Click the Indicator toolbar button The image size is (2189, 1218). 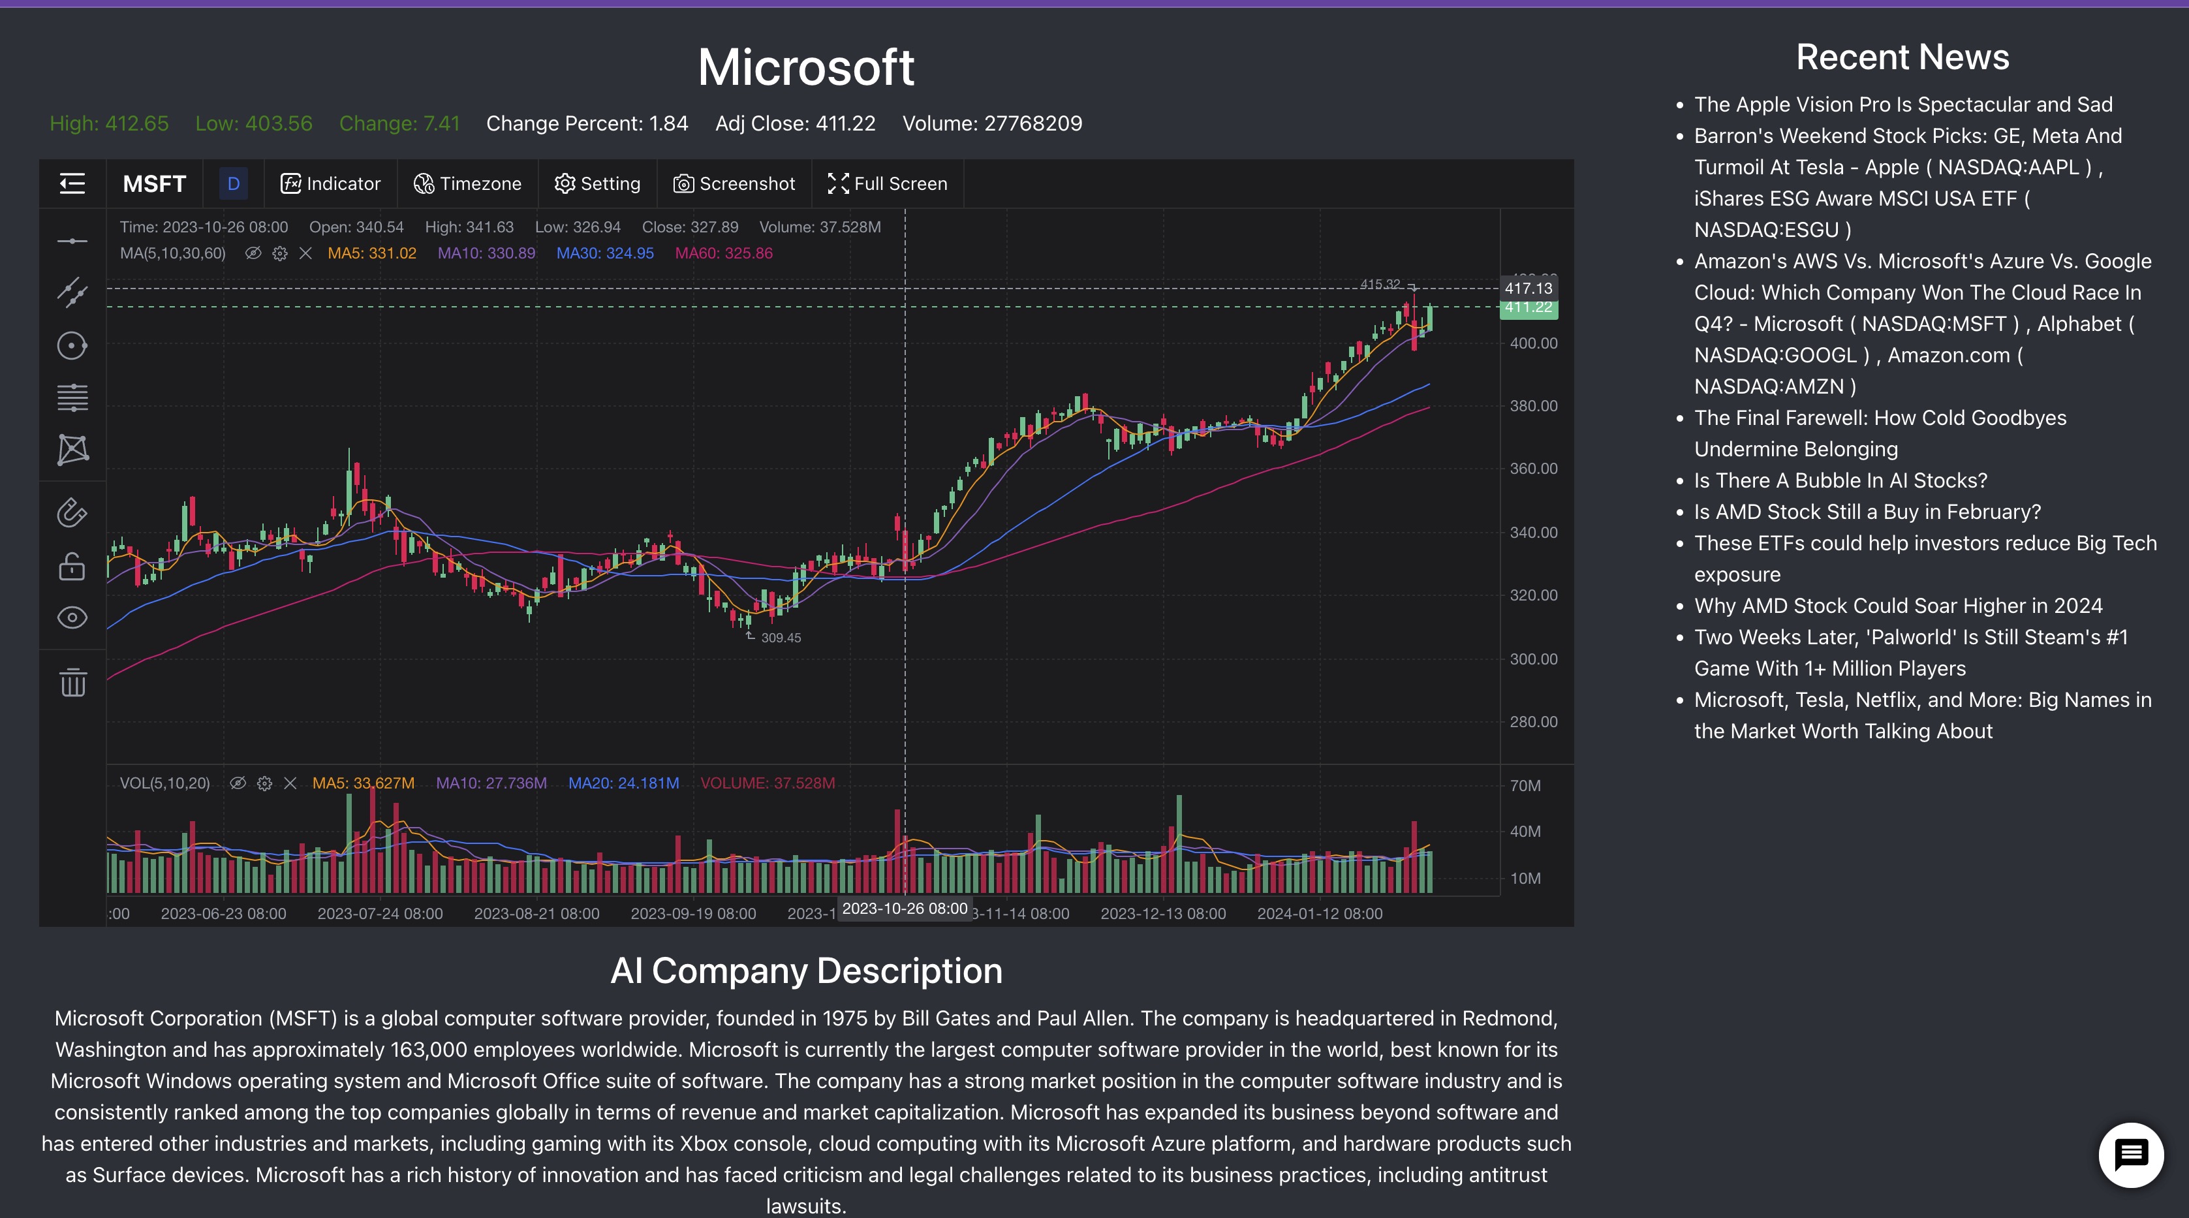330,183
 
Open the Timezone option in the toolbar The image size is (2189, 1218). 467,183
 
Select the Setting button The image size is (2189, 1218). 597,183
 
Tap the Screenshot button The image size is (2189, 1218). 734,183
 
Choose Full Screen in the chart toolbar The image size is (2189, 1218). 888,183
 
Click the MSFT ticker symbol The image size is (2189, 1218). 154,183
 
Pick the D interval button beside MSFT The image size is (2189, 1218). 234,183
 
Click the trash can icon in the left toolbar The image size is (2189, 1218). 72,683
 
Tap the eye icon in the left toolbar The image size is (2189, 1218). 72,618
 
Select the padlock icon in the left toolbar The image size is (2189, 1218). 72,566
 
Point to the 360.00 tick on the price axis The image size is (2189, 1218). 1533,468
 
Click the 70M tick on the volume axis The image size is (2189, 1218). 1525,785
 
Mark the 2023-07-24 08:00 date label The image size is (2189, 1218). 380,914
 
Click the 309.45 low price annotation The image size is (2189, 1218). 780,638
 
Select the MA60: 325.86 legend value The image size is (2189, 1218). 723,253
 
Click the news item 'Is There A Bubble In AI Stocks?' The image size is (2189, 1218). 1840,480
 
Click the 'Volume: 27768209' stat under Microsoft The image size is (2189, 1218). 991,123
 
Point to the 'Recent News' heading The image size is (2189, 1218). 1902,57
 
